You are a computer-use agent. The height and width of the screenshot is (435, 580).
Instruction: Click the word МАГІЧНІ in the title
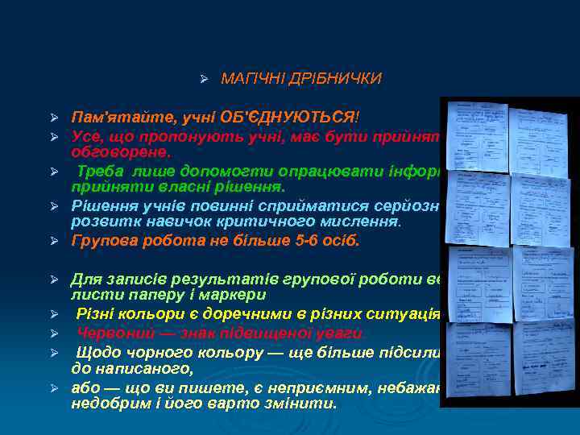[249, 79]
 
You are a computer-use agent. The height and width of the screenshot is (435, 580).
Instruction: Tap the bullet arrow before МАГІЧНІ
[205, 79]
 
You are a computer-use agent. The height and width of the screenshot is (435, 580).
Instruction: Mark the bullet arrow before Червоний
[56, 333]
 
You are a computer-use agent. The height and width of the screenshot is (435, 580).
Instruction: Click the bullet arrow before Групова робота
[56, 242]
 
